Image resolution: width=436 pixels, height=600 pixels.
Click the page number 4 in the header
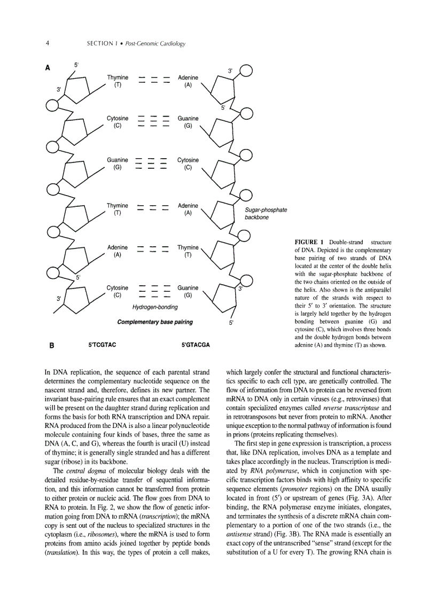[x=48, y=43]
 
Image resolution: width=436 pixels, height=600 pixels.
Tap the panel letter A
[x=48, y=68]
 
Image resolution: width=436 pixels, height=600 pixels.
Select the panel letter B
[x=51, y=345]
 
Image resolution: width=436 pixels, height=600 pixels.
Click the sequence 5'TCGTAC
[x=102, y=345]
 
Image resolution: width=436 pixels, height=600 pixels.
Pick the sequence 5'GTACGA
[x=196, y=345]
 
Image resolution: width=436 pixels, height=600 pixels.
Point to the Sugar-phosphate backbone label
[x=266, y=214]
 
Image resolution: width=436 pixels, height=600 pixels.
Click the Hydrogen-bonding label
[x=155, y=307]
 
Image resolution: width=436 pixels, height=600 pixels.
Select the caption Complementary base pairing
[x=155, y=322]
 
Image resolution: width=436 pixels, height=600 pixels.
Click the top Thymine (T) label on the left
[x=118, y=81]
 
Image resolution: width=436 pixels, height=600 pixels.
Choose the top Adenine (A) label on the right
[x=188, y=81]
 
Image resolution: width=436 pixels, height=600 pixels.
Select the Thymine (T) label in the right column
[x=188, y=251]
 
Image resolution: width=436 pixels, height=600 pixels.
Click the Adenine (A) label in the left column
[x=118, y=251]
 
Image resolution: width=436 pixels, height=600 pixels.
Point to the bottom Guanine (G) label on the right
[x=188, y=291]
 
